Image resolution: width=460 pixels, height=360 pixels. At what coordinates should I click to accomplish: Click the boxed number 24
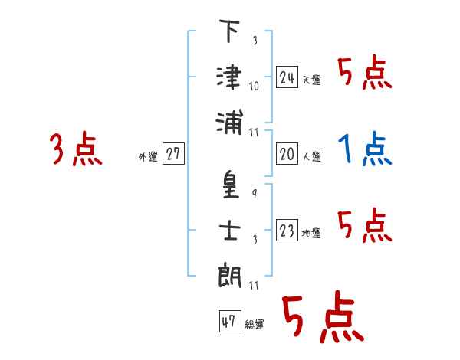pos(287,77)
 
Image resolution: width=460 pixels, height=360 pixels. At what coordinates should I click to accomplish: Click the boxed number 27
pos(173,155)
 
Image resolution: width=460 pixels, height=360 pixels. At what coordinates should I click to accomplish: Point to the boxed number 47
pos(229,322)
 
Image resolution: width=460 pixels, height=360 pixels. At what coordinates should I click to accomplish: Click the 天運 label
pos(312,80)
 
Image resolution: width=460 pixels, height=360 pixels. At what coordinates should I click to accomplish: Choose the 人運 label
pos(312,157)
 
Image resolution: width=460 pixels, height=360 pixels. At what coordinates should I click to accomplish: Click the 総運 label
pos(254,325)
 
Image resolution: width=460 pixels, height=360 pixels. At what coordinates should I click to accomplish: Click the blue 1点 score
pos(365,149)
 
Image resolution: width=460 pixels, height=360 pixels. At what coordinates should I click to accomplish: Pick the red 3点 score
pos(76,149)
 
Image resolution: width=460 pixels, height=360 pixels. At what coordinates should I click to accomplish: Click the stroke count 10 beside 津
pos(254,85)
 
